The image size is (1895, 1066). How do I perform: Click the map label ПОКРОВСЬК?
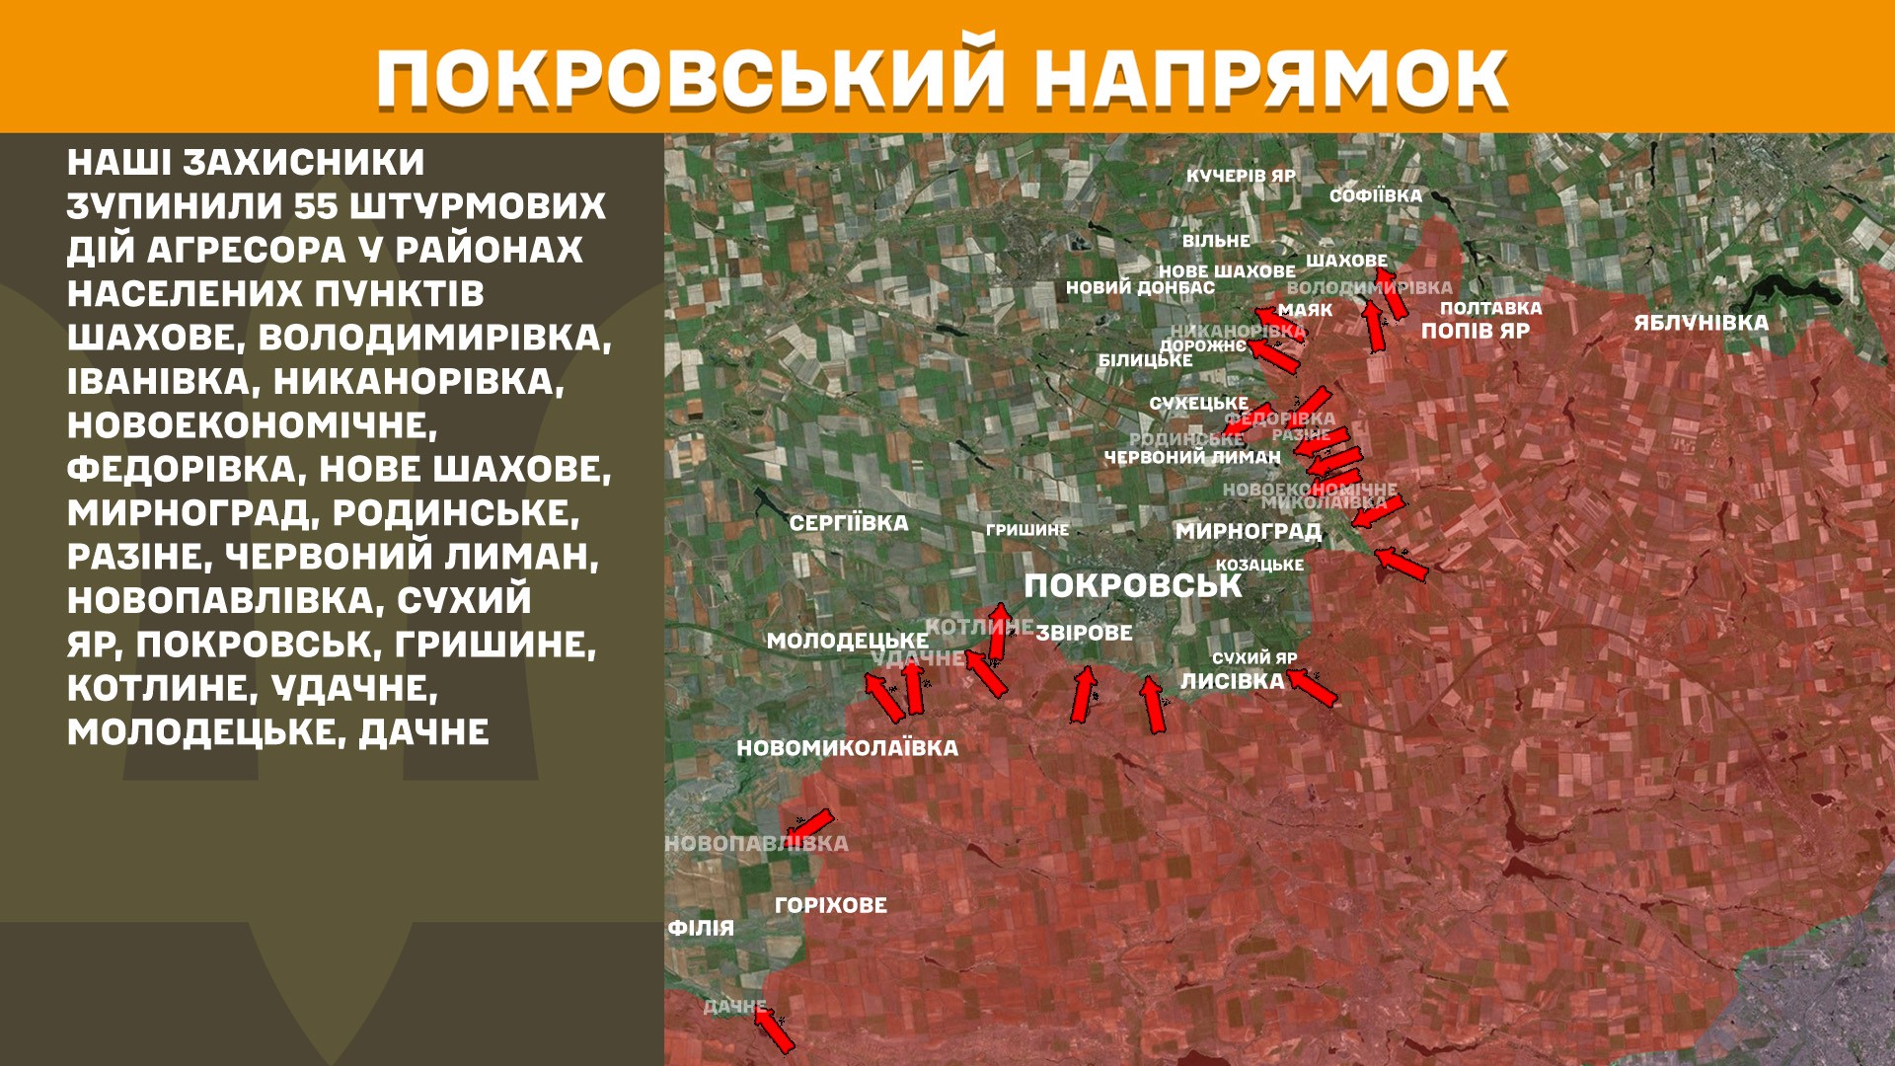[x=1132, y=585]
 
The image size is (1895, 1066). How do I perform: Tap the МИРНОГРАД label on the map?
[x=1248, y=531]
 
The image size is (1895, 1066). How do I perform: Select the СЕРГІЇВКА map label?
[x=849, y=523]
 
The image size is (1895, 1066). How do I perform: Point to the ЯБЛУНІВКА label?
[x=1701, y=323]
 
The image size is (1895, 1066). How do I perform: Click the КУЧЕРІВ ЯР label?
[x=1241, y=176]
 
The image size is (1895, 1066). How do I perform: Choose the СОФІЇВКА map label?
[x=1375, y=195]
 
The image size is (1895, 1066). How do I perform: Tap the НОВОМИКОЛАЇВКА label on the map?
[x=847, y=748]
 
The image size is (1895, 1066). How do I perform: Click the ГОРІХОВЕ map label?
[x=831, y=905]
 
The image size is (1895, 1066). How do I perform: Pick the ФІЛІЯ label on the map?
[x=701, y=928]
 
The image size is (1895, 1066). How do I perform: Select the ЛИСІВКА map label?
[x=1233, y=681]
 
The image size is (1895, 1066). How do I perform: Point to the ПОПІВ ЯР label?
[x=1475, y=331]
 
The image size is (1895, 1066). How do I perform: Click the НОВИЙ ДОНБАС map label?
[x=1140, y=288]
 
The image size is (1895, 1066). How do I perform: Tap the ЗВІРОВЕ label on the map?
[x=1084, y=633]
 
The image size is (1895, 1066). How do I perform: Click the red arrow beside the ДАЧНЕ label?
[x=775, y=1029]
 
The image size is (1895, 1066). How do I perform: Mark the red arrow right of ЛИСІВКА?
[x=1313, y=686]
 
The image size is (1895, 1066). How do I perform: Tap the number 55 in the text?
[x=316, y=206]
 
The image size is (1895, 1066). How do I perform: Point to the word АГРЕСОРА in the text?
[x=247, y=251]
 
